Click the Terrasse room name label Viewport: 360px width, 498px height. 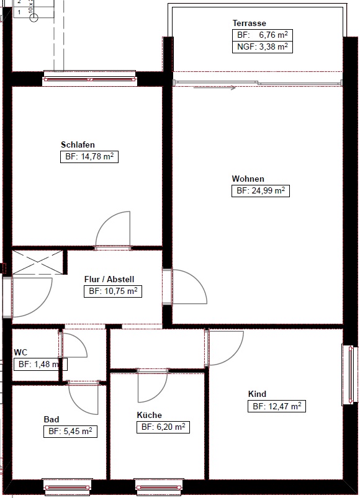[x=249, y=23]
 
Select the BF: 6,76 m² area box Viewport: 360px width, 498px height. [x=263, y=35]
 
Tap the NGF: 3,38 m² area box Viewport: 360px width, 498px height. [x=263, y=47]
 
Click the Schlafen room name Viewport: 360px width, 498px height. [x=78, y=145]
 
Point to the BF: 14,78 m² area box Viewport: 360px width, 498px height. [x=89, y=157]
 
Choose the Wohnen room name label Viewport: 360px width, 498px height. [x=248, y=179]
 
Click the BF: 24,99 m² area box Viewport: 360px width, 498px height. [x=261, y=191]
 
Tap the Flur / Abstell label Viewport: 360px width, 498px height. [x=109, y=280]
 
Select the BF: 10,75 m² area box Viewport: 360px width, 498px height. [x=113, y=291]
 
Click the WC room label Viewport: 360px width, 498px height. [x=20, y=352]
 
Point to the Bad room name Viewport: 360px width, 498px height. [x=52, y=420]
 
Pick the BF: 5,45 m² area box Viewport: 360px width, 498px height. [x=70, y=432]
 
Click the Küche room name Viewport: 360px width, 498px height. [x=150, y=415]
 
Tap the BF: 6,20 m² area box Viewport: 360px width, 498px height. [x=163, y=427]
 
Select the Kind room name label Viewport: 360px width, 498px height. [x=257, y=394]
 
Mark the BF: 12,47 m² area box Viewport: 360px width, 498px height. [x=277, y=406]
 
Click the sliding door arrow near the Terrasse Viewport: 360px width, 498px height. [x=215, y=87]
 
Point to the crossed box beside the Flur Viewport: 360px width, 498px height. [x=37, y=262]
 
